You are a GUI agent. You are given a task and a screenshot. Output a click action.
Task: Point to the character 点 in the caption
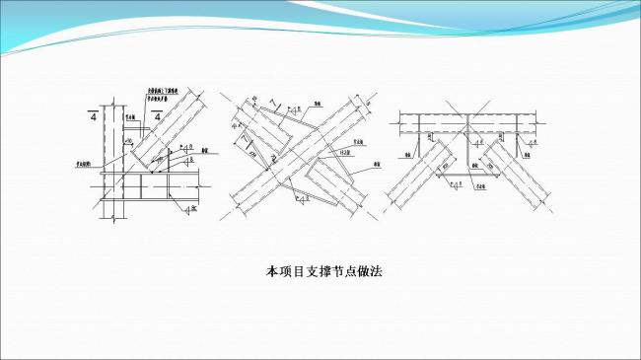point(344,270)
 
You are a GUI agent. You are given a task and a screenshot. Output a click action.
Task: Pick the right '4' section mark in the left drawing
point(156,117)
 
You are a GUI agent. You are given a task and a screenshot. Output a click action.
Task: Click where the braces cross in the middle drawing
point(300,155)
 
